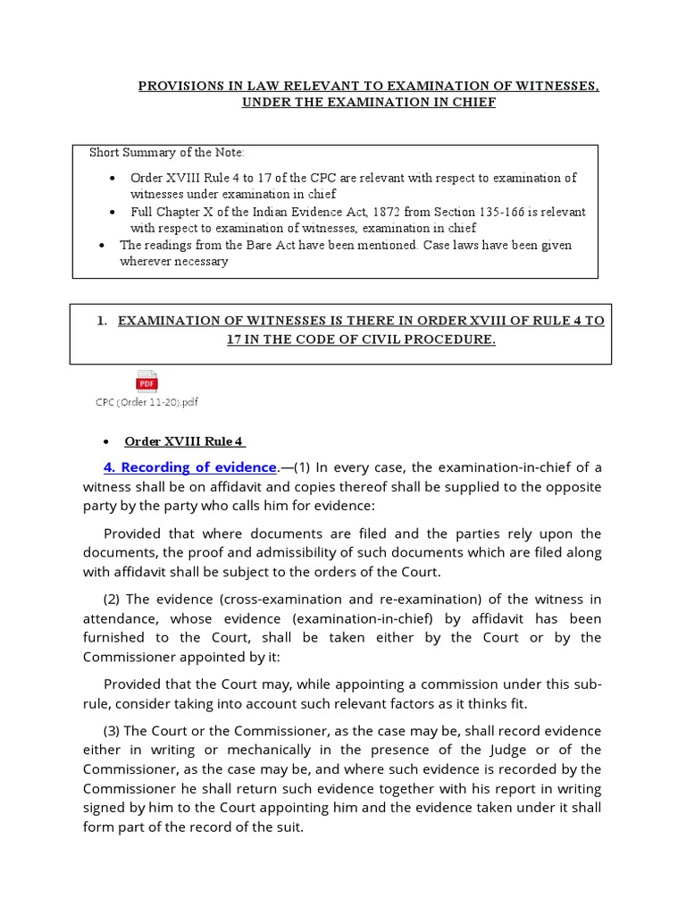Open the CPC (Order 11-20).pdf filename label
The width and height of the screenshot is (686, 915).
(146, 402)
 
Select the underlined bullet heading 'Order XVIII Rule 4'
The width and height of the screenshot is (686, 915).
(184, 441)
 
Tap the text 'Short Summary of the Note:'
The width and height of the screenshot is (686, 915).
(167, 153)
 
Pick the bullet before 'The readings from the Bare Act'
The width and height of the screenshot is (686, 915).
(101, 245)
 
